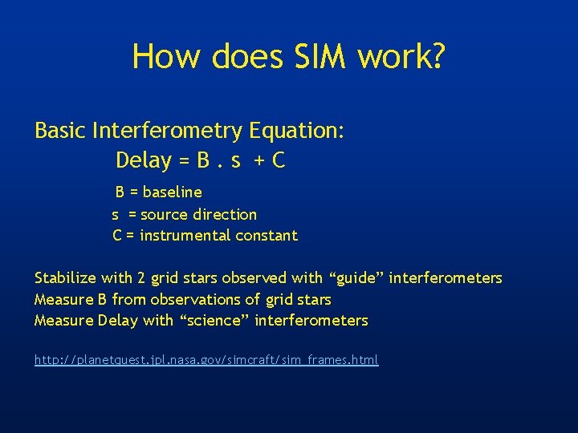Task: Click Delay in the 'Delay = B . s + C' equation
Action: pyautogui.click(x=144, y=160)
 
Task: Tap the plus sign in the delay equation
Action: pyautogui.click(x=260, y=161)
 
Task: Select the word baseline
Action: pyautogui.click(x=172, y=192)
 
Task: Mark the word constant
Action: pyautogui.click(x=267, y=236)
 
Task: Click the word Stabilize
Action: pyautogui.click(x=66, y=278)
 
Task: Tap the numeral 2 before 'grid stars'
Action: pyautogui.click(x=141, y=278)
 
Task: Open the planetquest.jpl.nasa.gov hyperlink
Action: pyautogui.click(x=206, y=361)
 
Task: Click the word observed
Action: pyautogui.click(x=254, y=278)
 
